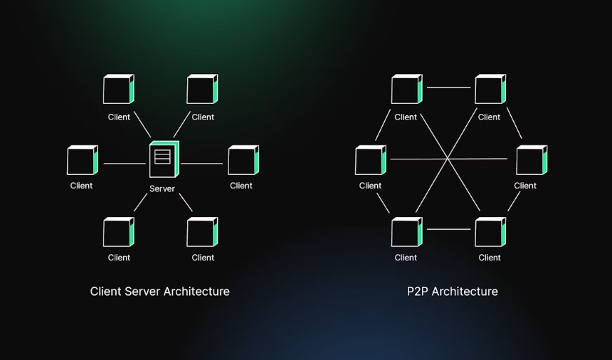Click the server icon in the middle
coord(163,159)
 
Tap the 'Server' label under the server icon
coord(162,189)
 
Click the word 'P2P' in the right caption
coord(418,291)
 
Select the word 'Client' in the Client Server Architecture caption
coord(107,291)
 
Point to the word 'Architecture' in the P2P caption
coord(465,291)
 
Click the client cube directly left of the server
coord(82,160)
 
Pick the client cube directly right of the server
coord(243,160)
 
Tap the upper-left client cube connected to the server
coord(118,90)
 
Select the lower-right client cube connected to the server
coord(202,232)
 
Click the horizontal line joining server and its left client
coord(125,164)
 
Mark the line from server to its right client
coord(201,164)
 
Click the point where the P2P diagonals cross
coord(448,158)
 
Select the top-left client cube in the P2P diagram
coord(406,90)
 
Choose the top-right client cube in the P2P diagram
coord(490,90)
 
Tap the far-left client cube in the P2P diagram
coord(370,160)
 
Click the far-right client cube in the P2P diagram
coord(531,160)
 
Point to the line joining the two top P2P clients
coord(448,88)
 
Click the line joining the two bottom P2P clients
coord(448,229)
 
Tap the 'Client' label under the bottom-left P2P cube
coord(406,258)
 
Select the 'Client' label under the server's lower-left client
coord(119,258)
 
